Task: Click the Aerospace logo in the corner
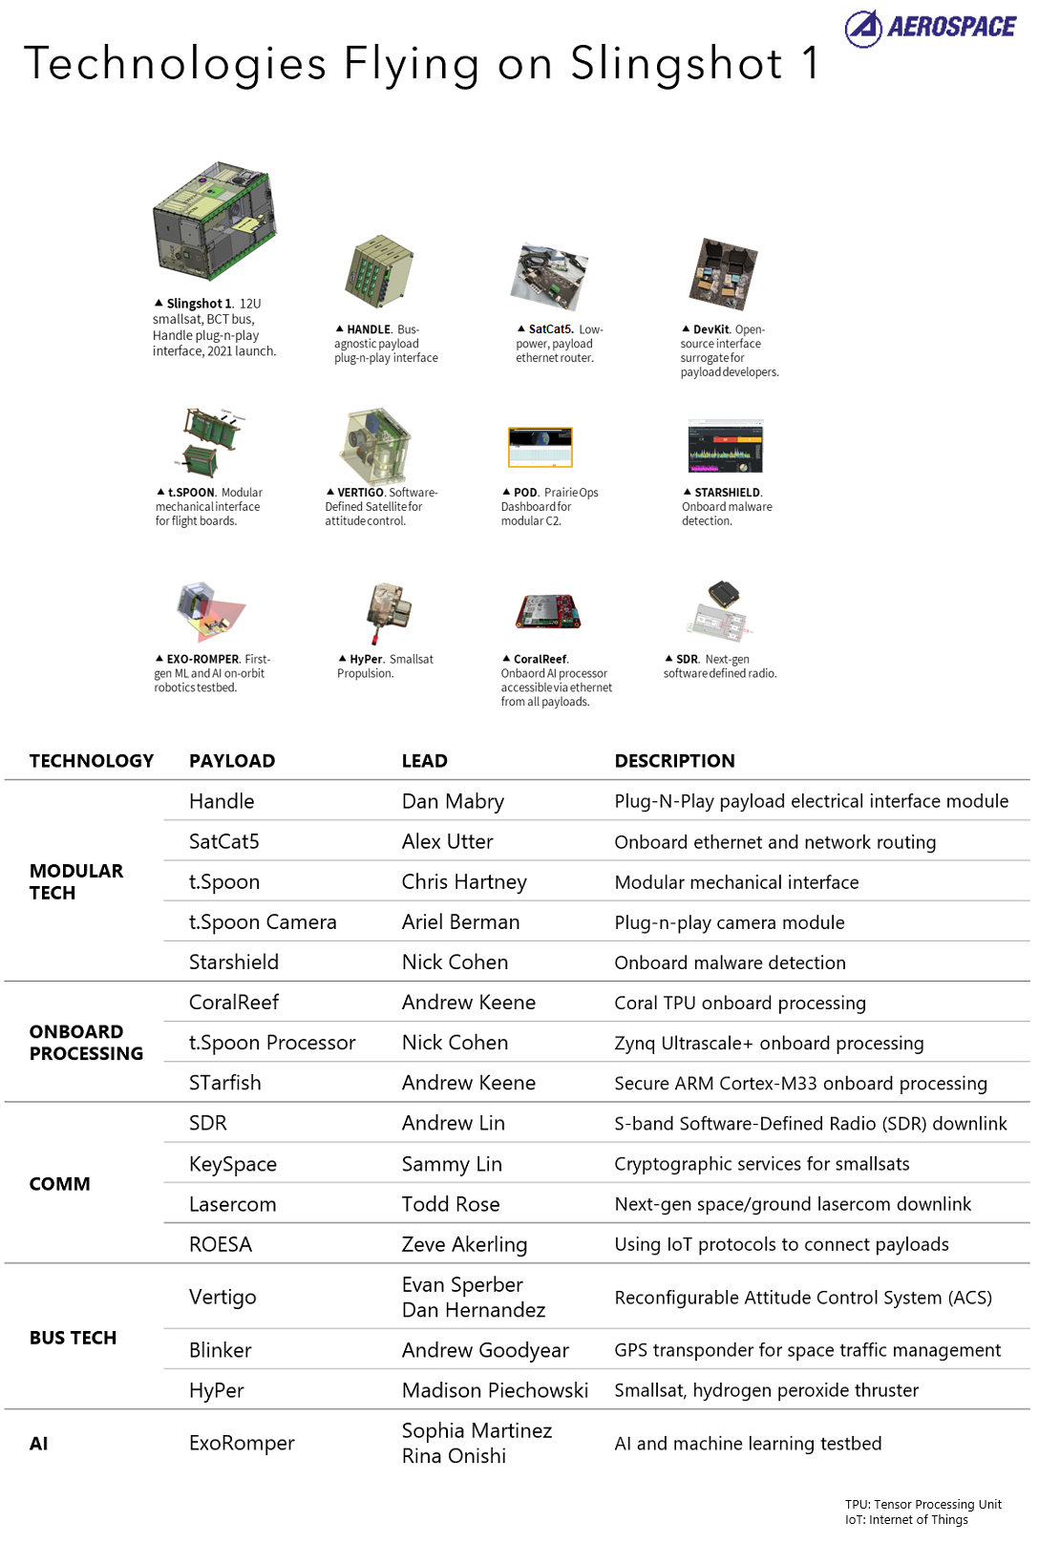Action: tap(930, 28)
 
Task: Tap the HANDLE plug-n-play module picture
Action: tap(379, 272)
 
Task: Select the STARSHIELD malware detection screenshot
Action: tap(726, 447)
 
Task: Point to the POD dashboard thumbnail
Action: tap(540, 447)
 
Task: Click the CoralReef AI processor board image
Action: tap(548, 612)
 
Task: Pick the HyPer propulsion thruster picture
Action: tap(389, 611)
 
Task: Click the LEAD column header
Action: tap(424, 761)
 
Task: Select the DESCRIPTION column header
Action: tap(674, 761)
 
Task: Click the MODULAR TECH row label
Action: tap(75, 881)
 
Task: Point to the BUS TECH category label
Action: tap(73, 1338)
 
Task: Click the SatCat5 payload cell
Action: tap(224, 841)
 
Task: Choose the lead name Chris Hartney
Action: tap(464, 881)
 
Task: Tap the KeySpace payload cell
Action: tap(233, 1164)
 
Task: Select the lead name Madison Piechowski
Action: tap(495, 1390)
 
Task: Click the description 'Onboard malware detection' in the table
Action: tap(730, 962)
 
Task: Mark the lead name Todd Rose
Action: tap(451, 1204)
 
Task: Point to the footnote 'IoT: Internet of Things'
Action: tap(906, 1519)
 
